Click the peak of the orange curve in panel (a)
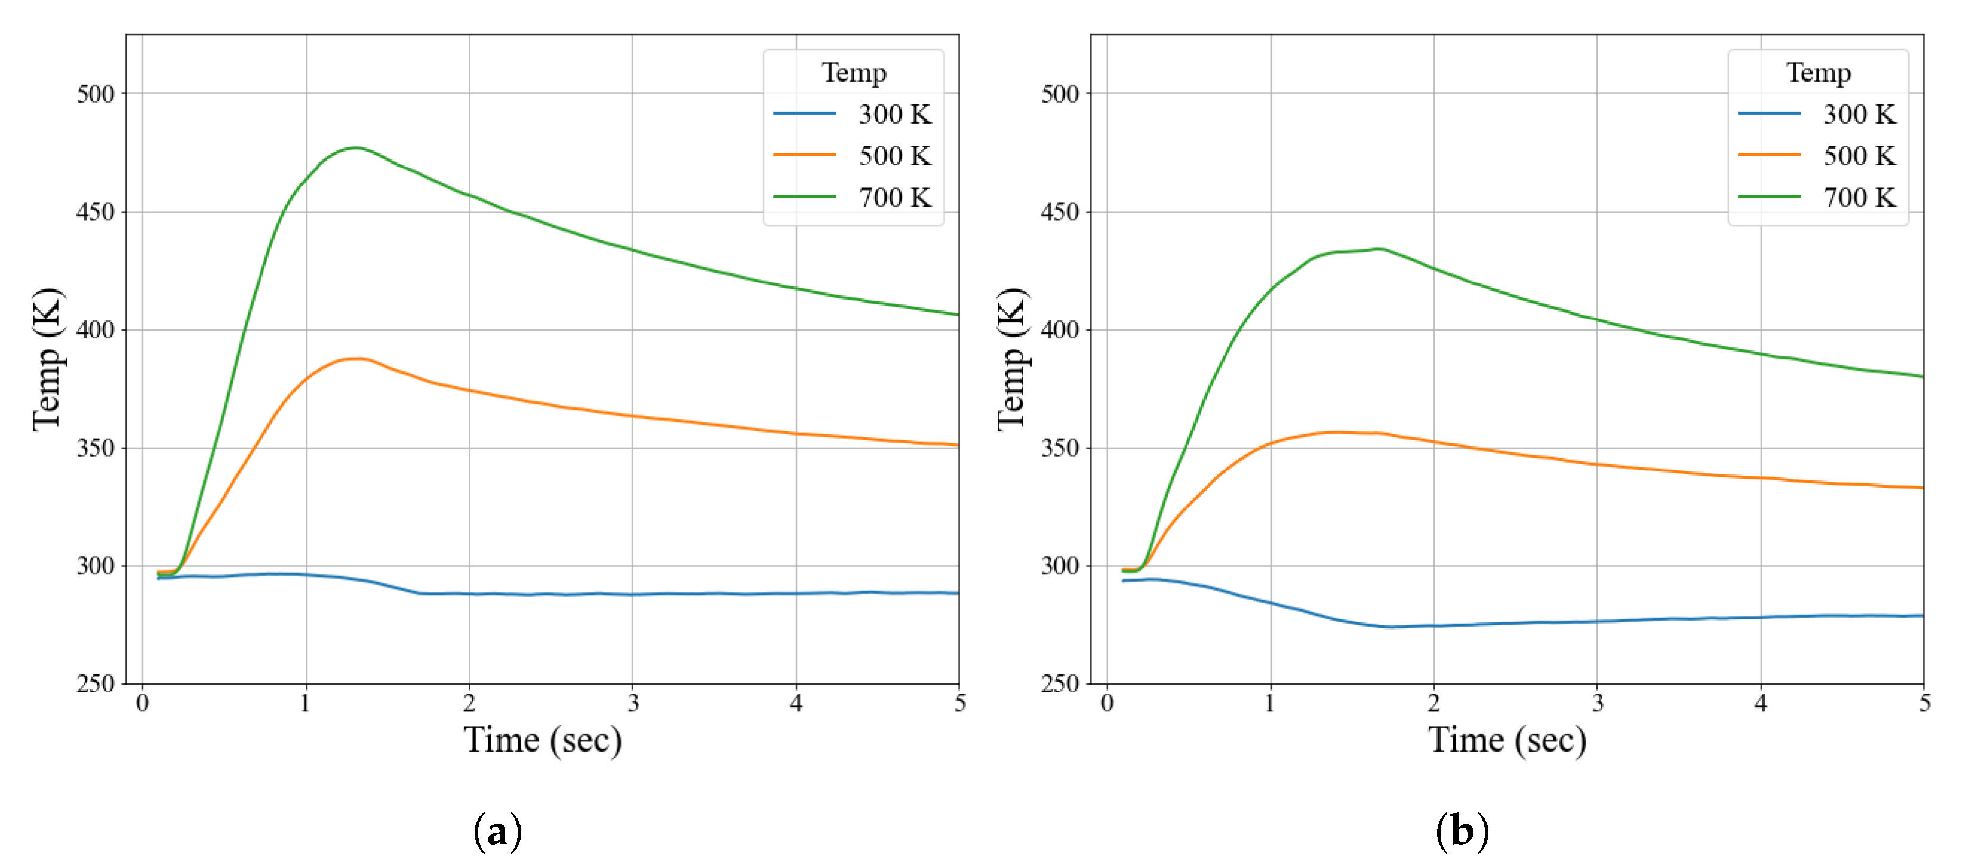(356, 359)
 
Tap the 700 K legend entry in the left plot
(894, 197)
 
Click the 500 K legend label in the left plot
(894, 156)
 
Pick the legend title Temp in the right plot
(1818, 73)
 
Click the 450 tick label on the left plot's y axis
(96, 212)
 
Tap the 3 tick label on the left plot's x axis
(633, 703)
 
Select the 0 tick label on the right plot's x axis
(1107, 703)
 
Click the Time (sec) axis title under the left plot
(542, 740)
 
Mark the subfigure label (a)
(497, 831)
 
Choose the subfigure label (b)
(1462, 831)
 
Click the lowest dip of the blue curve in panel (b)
(1391, 627)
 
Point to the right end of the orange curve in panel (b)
(1922, 488)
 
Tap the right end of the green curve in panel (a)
(957, 314)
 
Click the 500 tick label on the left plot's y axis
(96, 94)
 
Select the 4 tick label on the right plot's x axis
(1760, 703)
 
